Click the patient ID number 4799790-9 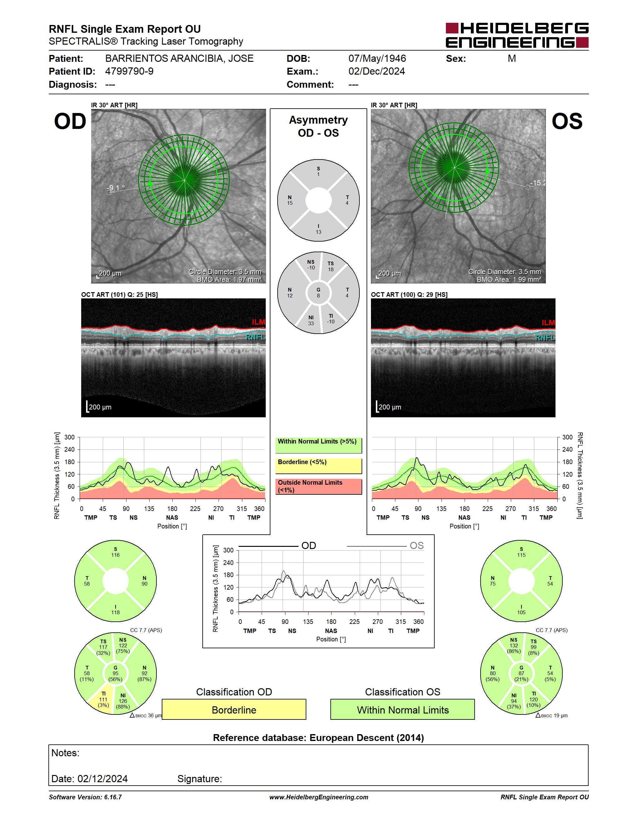129,71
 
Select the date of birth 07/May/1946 377,58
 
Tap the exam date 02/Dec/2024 376,71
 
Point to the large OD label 70,121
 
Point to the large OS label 567,121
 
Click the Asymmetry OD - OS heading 318,126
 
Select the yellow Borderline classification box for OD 234,709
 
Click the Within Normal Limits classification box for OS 403,709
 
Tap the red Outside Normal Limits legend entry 318,486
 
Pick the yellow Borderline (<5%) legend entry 318,466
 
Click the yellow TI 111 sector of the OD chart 103,701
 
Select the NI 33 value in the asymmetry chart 311,320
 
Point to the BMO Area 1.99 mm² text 509,280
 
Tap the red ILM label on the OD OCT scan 259,322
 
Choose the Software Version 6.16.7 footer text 85,797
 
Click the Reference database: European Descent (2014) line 318,738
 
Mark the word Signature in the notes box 200,779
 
